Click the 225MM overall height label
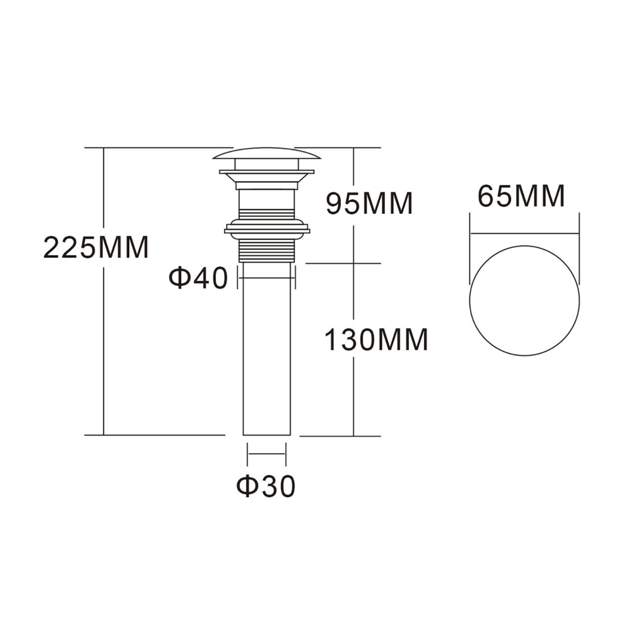click(95, 247)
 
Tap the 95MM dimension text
click(369, 203)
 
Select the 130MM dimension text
click(376, 340)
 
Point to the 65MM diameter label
click(521, 197)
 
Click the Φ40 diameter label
click(198, 278)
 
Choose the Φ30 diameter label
click(266, 486)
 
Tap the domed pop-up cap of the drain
click(267, 153)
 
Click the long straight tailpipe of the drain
click(267, 353)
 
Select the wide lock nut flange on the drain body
click(267, 227)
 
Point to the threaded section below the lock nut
click(267, 251)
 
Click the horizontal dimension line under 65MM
click(524, 234)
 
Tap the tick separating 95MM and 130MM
click(353, 263)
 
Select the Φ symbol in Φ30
click(247, 486)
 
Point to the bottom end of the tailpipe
click(267, 433)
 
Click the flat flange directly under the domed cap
click(267, 171)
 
